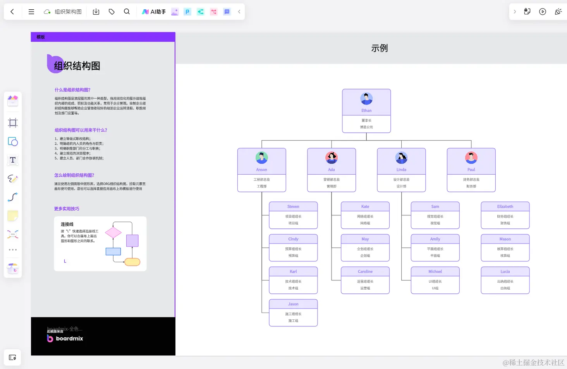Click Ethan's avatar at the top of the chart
click(366, 99)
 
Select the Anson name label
click(261, 170)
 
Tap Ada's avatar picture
click(332, 158)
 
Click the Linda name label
click(401, 170)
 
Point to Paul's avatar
click(471, 158)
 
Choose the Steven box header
click(293, 206)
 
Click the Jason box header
click(293, 304)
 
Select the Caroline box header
click(365, 271)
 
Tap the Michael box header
click(435, 271)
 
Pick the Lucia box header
click(505, 271)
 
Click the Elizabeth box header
click(505, 206)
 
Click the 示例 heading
click(379, 48)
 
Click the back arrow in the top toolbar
click(12, 12)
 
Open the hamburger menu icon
click(31, 12)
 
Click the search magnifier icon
click(127, 12)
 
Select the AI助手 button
click(154, 12)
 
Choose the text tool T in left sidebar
click(13, 160)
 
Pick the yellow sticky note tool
click(13, 216)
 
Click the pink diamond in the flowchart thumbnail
click(113, 233)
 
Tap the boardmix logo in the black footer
click(65, 338)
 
